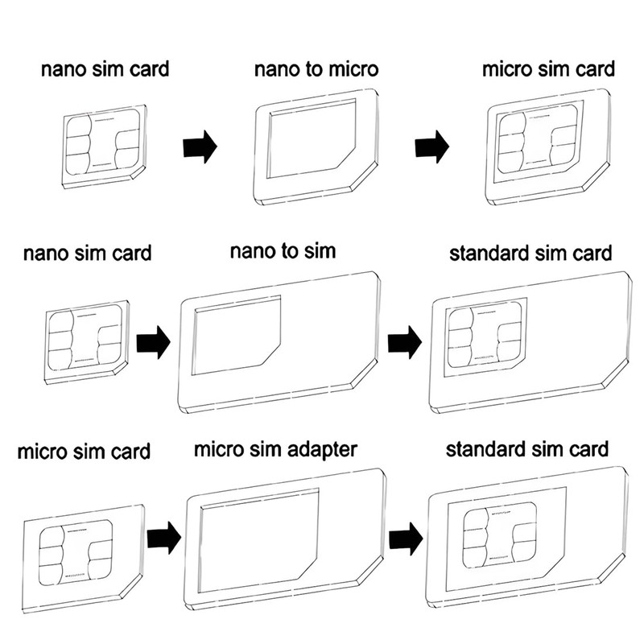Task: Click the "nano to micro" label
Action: tap(316, 69)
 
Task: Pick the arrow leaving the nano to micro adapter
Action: tap(432, 147)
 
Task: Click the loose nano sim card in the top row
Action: tap(102, 145)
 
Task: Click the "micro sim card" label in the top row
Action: tap(548, 68)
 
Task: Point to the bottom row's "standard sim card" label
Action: tap(527, 448)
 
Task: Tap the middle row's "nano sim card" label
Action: tap(87, 254)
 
